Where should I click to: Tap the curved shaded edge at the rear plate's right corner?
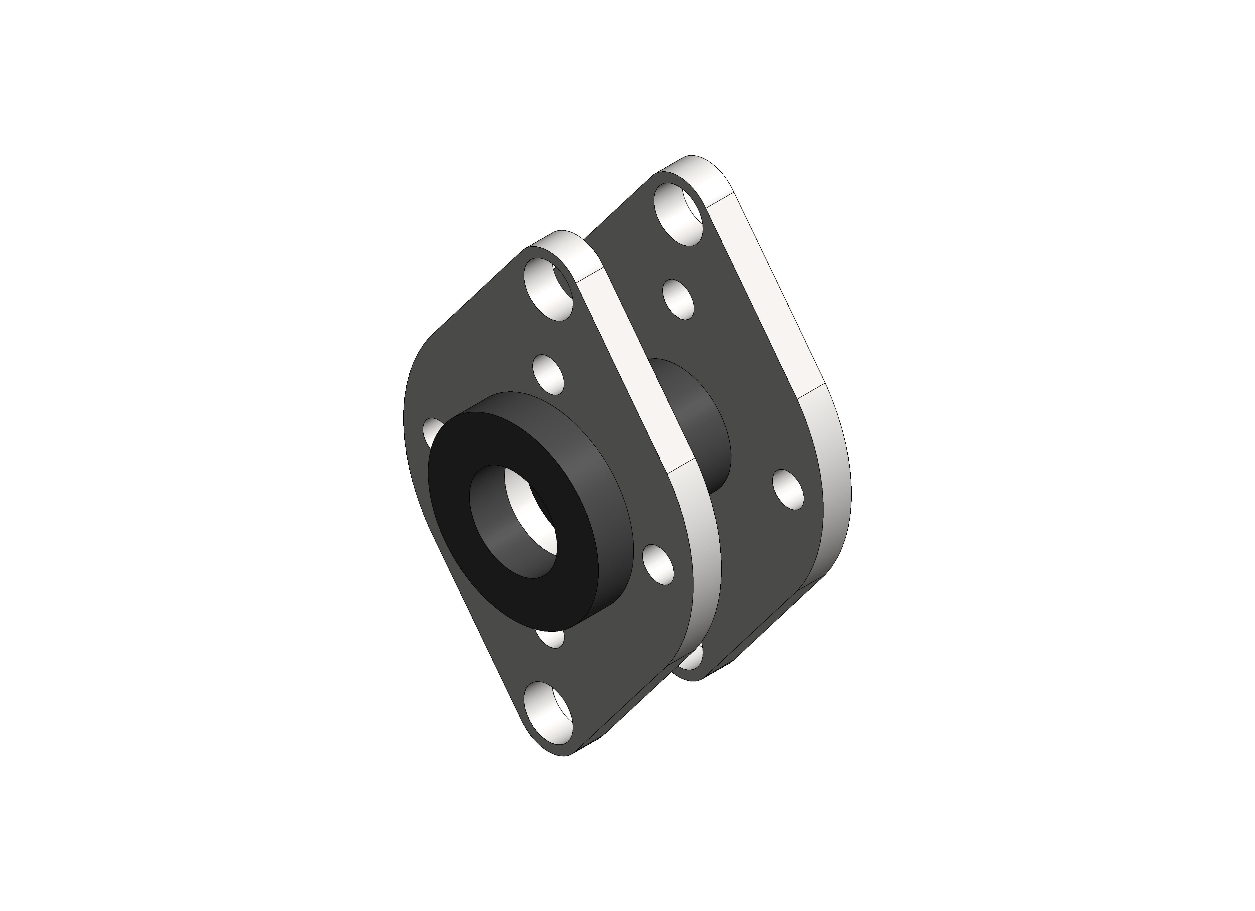tap(836, 498)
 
